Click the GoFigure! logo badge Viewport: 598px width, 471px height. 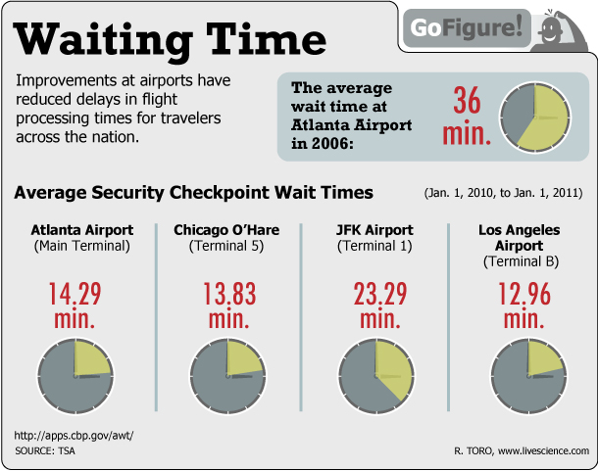461,26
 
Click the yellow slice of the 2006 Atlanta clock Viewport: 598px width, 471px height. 546,116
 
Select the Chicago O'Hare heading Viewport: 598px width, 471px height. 226,230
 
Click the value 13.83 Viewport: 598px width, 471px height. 226,294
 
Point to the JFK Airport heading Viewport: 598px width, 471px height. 375,230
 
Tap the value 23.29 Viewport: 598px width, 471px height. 375,294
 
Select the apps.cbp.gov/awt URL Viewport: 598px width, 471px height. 74,435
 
